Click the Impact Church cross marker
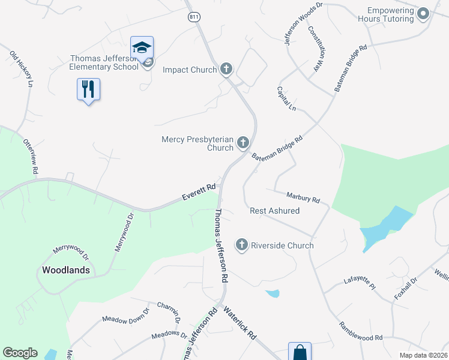[226, 70]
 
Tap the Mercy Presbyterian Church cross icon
[243, 143]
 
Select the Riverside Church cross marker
[241, 245]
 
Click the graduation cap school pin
[142, 47]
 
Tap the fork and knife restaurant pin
[88, 89]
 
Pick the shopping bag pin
[300, 352]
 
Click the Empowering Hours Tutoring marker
[423, 14]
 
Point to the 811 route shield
[193, 17]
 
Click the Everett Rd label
[199, 193]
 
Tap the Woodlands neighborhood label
[66, 270]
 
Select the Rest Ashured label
[274, 211]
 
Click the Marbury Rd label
[303, 197]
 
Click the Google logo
[20, 353]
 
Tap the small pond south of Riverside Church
[273, 293]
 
